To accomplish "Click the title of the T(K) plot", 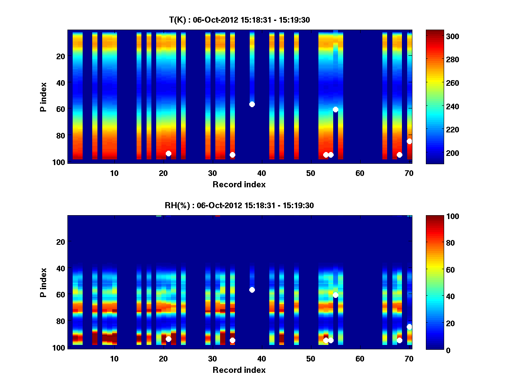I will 239,20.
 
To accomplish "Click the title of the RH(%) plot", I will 239,205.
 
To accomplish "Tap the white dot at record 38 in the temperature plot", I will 252,104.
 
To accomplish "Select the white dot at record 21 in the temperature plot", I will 168,153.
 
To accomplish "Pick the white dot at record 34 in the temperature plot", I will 232,155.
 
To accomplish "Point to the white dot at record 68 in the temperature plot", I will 399,155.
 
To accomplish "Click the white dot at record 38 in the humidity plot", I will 252,290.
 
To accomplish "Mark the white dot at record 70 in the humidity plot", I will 409,327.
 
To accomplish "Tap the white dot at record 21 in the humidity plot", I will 168,339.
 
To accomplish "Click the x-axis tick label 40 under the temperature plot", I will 261,172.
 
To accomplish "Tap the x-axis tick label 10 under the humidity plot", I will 114,358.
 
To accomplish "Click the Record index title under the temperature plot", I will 239,184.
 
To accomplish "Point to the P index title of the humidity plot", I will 43,282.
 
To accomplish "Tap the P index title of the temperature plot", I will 43,96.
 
